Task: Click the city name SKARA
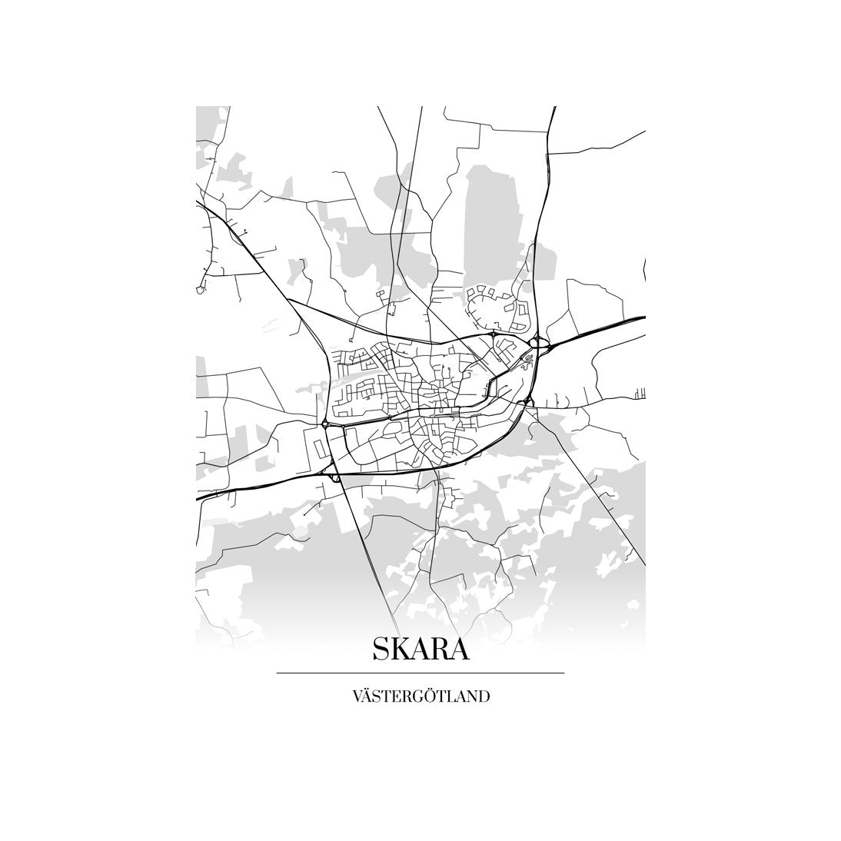pos(420,650)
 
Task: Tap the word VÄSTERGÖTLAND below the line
pos(420,697)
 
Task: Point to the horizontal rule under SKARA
pos(420,673)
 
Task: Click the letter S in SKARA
pos(382,650)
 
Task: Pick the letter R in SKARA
pos(441,650)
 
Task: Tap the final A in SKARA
pos(460,650)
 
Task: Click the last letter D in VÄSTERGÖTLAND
pos(484,697)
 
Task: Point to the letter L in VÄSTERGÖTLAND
pos(453,697)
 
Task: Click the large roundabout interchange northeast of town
pos(538,343)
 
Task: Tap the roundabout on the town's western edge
pos(326,424)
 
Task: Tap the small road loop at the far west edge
pos(201,289)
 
